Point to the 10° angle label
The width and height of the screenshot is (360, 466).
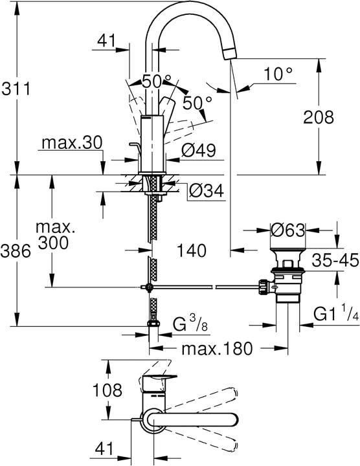(278, 74)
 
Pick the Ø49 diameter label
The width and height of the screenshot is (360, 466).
(198, 150)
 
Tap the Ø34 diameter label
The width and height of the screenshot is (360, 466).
(207, 191)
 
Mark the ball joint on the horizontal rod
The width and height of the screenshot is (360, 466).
(149, 287)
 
